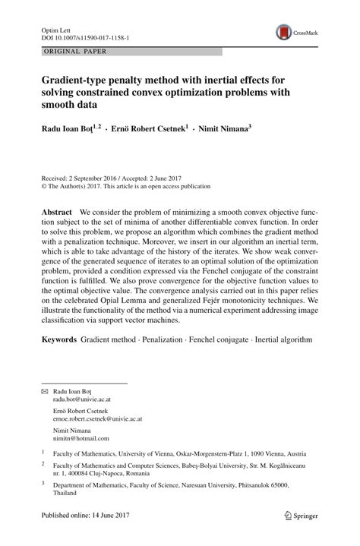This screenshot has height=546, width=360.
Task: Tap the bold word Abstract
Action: click(57, 213)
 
